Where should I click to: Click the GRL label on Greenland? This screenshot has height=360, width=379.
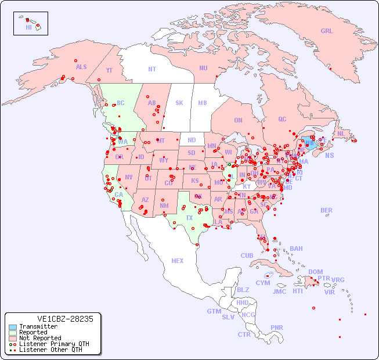coord(327,31)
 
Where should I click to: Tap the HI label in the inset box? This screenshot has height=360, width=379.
coord(28,27)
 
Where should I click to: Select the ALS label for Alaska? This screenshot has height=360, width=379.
coord(81,67)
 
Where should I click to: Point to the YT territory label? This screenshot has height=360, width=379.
coord(109,70)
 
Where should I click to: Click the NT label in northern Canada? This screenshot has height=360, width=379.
coord(152,69)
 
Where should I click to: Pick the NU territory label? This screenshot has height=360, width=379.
coord(203,68)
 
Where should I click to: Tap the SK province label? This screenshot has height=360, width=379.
coord(179,103)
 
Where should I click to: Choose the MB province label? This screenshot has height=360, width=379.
coord(203,103)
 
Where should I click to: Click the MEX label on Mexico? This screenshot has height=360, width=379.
coord(178,261)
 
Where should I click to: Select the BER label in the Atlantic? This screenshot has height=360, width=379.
coord(327,210)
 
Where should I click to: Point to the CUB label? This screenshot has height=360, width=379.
coord(247,255)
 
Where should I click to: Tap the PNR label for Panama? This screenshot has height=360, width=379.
coord(277,327)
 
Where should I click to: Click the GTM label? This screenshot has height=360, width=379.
coord(214,311)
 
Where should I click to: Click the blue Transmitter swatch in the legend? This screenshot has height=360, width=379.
coord(12,327)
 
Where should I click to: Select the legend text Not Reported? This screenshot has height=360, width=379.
coord(40,338)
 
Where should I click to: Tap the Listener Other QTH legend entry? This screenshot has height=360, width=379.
coord(46,350)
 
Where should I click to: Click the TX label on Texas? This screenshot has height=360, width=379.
coord(189,218)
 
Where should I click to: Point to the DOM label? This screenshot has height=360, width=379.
coord(315,272)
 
